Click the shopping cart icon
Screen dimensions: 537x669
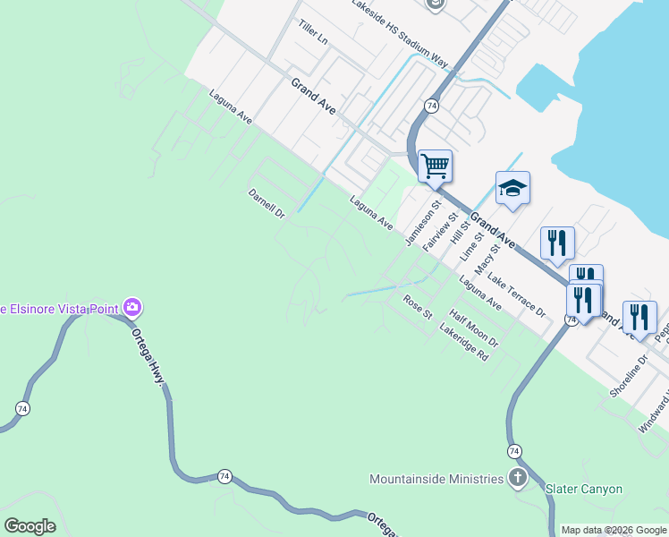pyautogui.click(x=435, y=165)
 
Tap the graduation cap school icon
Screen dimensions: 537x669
pyautogui.click(x=512, y=188)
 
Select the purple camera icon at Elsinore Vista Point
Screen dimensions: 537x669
pyautogui.click(x=133, y=308)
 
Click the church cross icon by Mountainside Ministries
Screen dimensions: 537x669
pyautogui.click(x=517, y=478)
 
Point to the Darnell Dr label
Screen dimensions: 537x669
pyautogui.click(x=266, y=203)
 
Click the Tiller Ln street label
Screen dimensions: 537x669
pyautogui.click(x=314, y=34)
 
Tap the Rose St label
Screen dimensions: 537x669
pyautogui.click(x=417, y=307)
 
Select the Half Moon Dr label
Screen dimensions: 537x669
pyautogui.click(x=474, y=329)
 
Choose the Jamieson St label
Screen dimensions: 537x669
pyautogui.click(x=423, y=223)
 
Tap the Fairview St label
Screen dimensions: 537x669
pyautogui.click(x=440, y=230)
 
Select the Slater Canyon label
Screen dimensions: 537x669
pyautogui.click(x=584, y=489)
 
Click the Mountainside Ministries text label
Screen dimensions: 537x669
pyautogui.click(x=436, y=479)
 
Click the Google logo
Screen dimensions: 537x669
pyautogui.click(x=30, y=526)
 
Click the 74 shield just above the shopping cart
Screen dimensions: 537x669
pyautogui.click(x=431, y=106)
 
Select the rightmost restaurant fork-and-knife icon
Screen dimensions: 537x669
pyautogui.click(x=639, y=317)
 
